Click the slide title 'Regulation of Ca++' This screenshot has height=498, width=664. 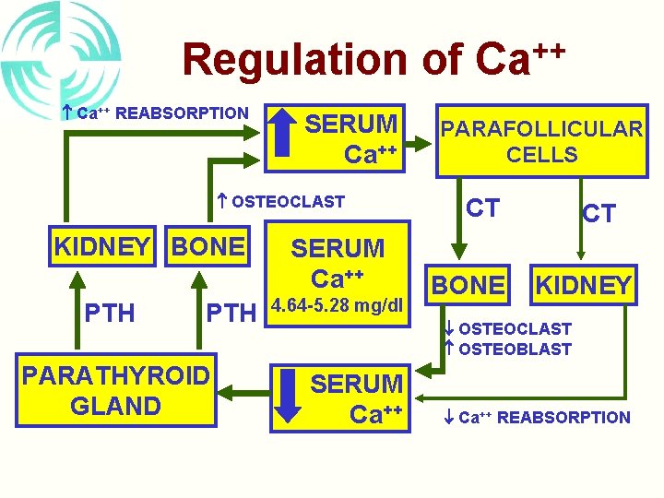(x=373, y=57)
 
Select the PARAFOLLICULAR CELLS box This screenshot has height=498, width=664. (x=541, y=141)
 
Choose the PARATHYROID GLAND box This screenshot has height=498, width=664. (x=116, y=392)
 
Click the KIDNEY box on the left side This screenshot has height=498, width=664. (x=102, y=246)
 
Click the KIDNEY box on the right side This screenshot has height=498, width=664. (x=585, y=285)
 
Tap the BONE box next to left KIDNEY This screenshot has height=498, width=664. (x=208, y=246)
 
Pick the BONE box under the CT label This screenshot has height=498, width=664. (x=469, y=285)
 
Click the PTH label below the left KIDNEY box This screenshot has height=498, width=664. (x=110, y=313)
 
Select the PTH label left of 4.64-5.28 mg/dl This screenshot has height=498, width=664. (x=230, y=313)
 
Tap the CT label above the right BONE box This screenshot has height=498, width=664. (x=482, y=207)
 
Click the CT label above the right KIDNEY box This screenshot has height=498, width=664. (x=599, y=214)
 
